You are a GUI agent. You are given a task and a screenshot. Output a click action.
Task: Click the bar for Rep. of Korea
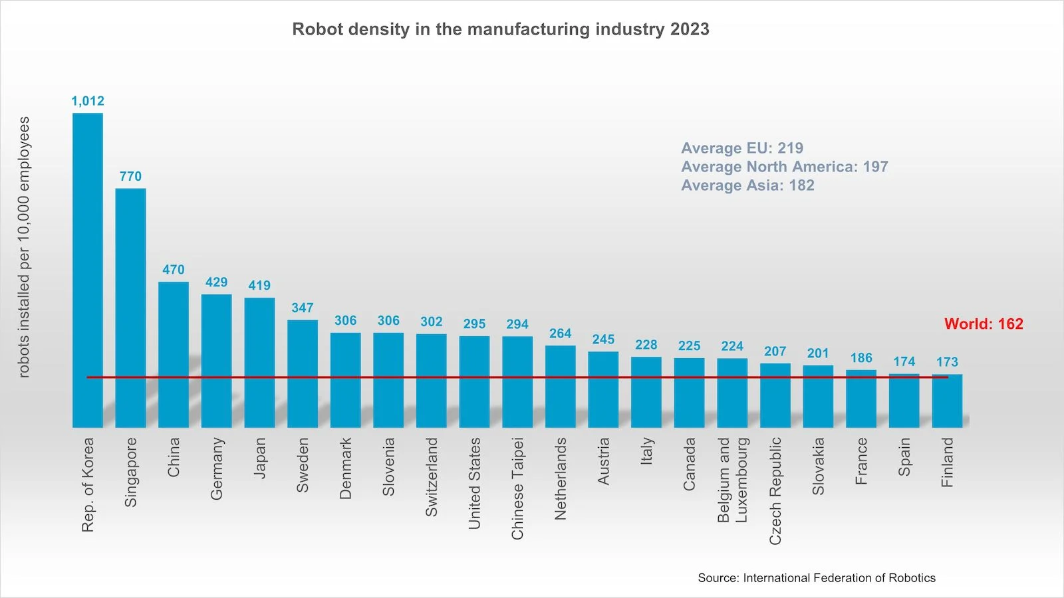point(88,269)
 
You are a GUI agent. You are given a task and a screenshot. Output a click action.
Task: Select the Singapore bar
point(130,307)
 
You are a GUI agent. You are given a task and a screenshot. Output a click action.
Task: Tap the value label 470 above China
point(174,270)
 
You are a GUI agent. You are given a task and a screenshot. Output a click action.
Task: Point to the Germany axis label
point(217,468)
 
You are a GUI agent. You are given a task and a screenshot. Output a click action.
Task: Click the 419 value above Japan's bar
point(259,286)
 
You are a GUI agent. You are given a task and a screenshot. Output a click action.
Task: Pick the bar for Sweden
point(303,373)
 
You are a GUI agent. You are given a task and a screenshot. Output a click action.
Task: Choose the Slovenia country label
point(388,466)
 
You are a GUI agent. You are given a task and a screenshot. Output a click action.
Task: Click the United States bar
point(474,381)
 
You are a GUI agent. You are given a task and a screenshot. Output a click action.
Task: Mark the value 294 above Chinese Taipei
point(517,324)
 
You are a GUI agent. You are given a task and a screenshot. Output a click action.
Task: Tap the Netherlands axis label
point(561,478)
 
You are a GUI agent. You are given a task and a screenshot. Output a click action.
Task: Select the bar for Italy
point(646,392)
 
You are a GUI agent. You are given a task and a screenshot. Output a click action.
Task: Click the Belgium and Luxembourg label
point(733,480)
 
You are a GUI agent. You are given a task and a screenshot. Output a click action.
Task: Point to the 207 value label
point(775,351)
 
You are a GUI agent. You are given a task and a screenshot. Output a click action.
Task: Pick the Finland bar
point(947,401)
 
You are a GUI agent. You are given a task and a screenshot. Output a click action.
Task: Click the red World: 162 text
point(984,324)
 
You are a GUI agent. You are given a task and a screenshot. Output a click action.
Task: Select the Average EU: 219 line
point(742,148)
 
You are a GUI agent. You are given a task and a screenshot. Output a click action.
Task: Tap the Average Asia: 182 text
point(747,185)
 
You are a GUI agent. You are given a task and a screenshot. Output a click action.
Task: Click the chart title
point(501,29)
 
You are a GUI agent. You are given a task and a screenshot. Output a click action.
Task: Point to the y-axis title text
point(25,247)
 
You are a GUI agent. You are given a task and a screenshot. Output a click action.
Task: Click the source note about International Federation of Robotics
point(817,578)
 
